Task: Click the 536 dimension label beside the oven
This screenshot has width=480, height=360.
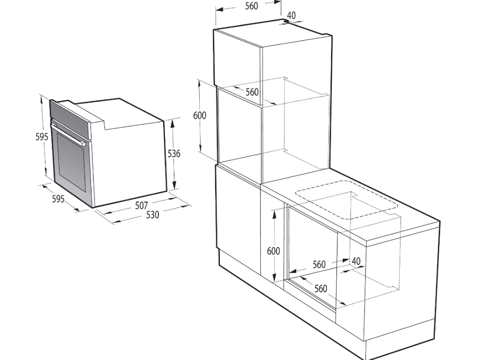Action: [x=174, y=153]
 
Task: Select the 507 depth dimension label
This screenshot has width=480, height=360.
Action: [x=142, y=205]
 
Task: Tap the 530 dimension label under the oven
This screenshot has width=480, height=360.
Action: [x=152, y=215]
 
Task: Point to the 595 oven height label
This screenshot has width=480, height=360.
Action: [x=42, y=136]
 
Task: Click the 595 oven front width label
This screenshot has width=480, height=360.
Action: [x=58, y=199]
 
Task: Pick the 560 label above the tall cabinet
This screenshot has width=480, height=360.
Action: [x=252, y=6]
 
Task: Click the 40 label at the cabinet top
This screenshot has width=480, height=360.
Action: [x=292, y=15]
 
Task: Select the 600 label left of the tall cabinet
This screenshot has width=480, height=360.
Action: [x=200, y=115]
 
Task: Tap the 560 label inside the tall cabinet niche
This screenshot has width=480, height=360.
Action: [x=252, y=92]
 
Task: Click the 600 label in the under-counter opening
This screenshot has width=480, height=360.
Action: [x=273, y=251]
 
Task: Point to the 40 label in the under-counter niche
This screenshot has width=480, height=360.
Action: [x=356, y=261]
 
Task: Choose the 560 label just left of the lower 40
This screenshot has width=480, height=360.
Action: [x=319, y=264]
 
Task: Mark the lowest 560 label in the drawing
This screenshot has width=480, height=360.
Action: [x=321, y=288]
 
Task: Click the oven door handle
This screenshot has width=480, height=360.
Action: [x=68, y=134]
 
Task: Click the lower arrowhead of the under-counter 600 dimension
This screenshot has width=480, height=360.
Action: [x=275, y=277]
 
